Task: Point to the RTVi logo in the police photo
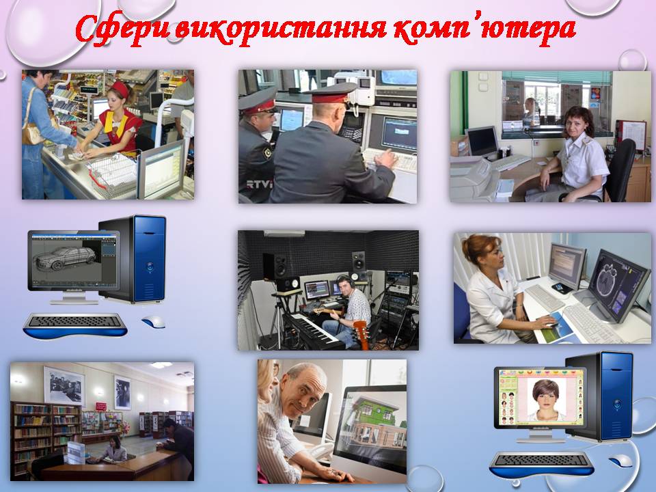pos(259,184)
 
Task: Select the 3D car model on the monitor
pos(66,258)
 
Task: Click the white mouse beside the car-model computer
pos(154,322)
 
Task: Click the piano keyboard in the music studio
pos(310,329)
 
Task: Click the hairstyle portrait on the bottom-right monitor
pos(545,400)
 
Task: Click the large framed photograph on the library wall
pos(64,385)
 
